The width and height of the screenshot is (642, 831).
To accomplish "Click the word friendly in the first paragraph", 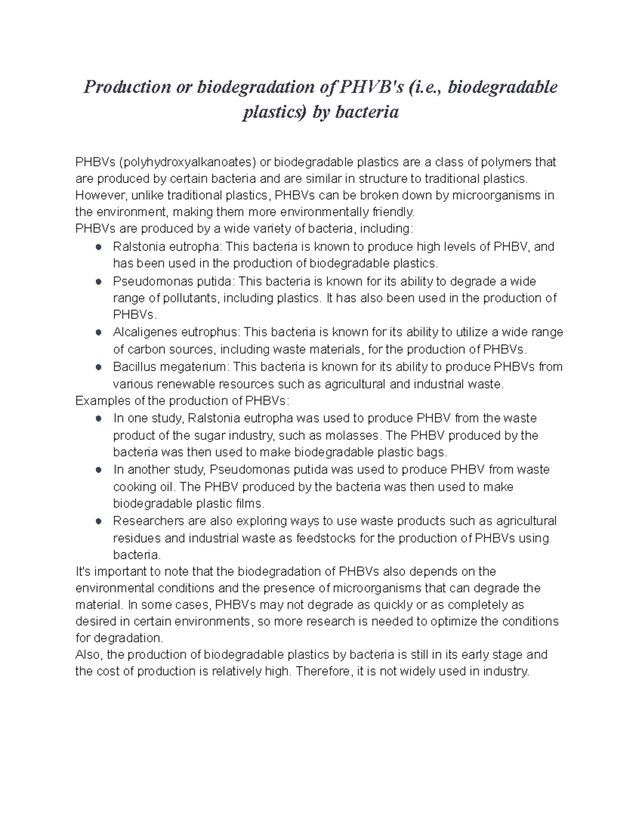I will point(394,212).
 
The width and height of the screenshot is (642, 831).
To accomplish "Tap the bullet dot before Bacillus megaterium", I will point(98,368).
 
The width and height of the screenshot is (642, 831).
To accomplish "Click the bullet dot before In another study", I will point(98,470).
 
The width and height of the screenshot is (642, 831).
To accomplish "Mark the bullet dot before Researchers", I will point(98,521).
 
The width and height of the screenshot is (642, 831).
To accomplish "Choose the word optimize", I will point(455,621).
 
